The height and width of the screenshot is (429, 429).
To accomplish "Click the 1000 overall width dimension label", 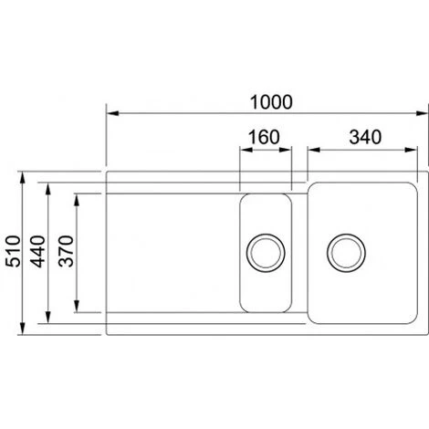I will pyautogui.click(x=265, y=100).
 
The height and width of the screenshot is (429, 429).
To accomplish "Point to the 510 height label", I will pyautogui.click(x=13, y=248).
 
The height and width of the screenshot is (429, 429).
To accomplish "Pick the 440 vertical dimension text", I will pyautogui.click(x=38, y=248).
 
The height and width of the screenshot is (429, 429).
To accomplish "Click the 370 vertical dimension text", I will pyautogui.click(x=65, y=248).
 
